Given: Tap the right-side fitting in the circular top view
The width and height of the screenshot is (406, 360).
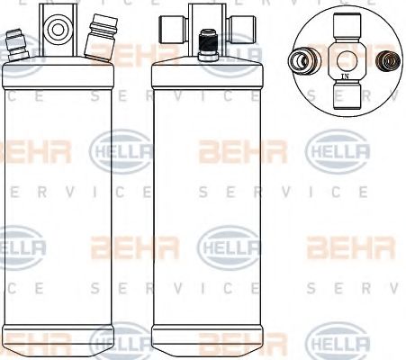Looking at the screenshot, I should click(x=390, y=61).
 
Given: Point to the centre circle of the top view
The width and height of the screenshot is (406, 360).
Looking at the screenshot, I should click(x=347, y=59).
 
